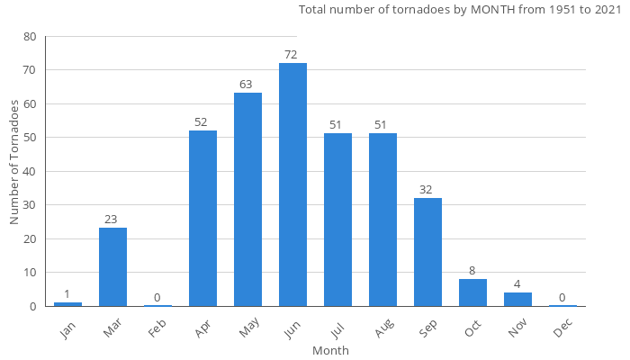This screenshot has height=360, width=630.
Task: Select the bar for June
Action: [292, 184]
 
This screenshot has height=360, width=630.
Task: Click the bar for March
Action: [112, 266]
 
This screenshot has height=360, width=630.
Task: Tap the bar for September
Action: [427, 252]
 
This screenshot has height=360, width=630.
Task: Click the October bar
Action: [472, 292]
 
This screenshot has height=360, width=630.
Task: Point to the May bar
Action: [247, 199]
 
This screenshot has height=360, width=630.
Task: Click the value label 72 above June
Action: [291, 55]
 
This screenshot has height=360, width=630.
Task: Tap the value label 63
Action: [246, 85]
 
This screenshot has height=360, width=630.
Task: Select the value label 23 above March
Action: [111, 220]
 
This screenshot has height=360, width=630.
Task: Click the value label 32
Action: [426, 190]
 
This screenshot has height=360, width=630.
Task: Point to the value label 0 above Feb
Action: [157, 297]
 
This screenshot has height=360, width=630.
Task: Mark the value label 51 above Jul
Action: [336, 125]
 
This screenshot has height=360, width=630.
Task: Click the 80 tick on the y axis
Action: [31, 37]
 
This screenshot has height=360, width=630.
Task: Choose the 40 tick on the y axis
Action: [31, 171]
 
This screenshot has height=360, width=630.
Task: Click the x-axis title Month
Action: [330, 351]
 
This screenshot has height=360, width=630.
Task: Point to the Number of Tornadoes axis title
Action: [14, 162]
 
